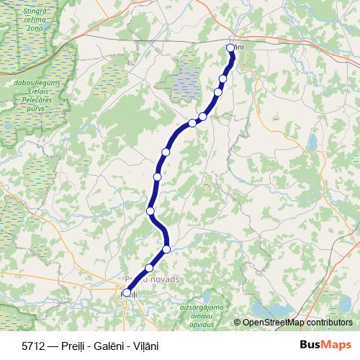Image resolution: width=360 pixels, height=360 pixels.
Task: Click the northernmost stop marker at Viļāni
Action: click(x=230, y=48)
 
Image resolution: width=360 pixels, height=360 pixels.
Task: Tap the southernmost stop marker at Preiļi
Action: click(x=127, y=293)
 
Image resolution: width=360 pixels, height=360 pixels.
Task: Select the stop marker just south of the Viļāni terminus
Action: click(x=223, y=78)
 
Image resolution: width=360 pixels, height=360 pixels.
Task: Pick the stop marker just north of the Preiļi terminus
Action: click(x=149, y=268)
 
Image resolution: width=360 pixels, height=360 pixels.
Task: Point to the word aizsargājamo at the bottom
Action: click(x=201, y=307)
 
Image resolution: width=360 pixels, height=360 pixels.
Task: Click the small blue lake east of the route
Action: click(x=315, y=142)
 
